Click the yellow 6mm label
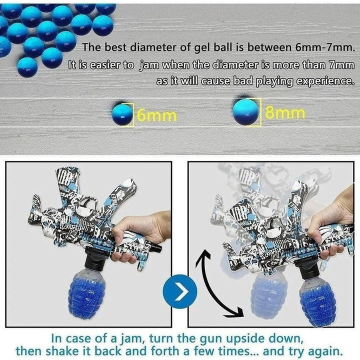[157, 115]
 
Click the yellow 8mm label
[285, 113]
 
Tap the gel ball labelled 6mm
[122, 114]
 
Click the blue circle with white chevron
[180, 291]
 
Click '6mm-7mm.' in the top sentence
[323, 47]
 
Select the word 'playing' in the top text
[274, 81]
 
